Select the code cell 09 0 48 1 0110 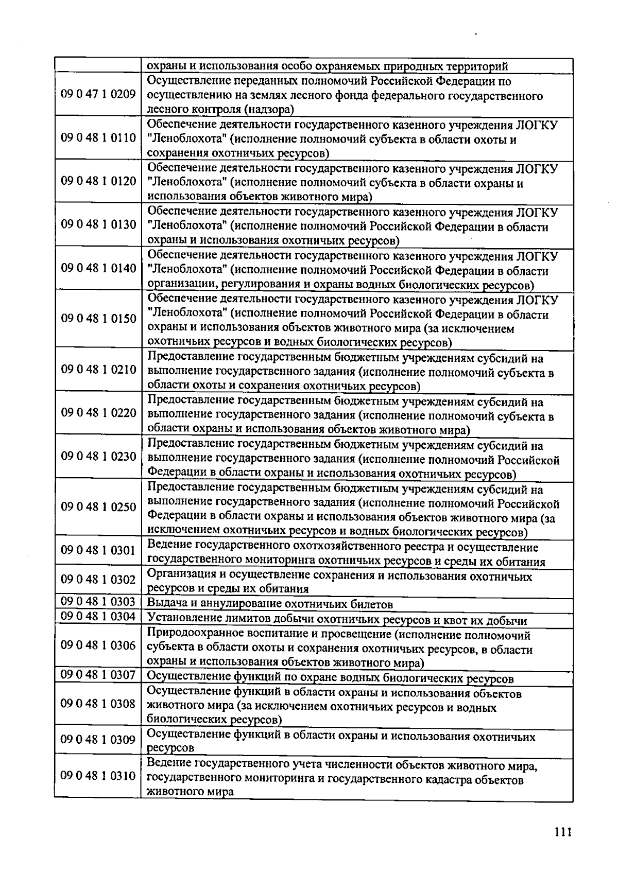coord(98,138)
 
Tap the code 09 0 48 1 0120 coord(98,181)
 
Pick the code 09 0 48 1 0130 coord(98,225)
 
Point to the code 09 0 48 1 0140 coord(98,268)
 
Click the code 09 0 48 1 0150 coord(98,319)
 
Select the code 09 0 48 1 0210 coord(98,370)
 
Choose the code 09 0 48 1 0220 coord(98,413)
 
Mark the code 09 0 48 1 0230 coord(98,457)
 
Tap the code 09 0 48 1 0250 coord(98,507)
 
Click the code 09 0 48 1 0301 coord(98,551)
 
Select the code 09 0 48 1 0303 coord(98,602)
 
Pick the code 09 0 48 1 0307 coord(98,674)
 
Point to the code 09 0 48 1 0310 coord(98,776)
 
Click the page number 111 coord(563,833)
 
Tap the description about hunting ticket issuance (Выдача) coord(270,604)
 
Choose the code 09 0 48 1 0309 coord(98,740)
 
